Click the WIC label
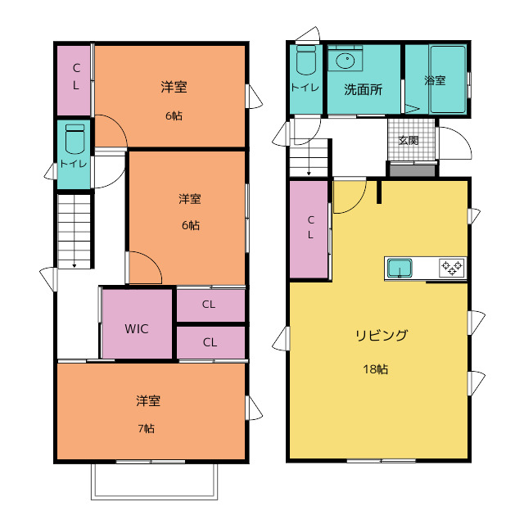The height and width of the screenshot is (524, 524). (x=137, y=329)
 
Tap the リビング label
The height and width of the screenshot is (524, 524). (x=382, y=335)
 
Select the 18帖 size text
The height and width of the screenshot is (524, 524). (x=376, y=369)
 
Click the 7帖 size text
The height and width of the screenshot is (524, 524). (x=147, y=428)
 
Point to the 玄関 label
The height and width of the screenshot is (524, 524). (x=409, y=140)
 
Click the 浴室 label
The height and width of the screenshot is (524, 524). (x=435, y=80)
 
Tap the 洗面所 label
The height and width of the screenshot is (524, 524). (x=364, y=89)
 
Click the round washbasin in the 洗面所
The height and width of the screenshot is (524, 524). (x=345, y=61)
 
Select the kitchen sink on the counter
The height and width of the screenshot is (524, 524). (x=400, y=268)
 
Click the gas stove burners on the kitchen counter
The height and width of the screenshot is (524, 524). (x=452, y=268)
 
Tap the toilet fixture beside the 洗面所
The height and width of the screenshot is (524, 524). (x=305, y=60)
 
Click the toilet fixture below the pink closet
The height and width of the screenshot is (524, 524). (x=75, y=138)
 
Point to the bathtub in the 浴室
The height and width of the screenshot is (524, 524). (x=448, y=79)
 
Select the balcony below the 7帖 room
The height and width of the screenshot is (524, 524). (x=155, y=481)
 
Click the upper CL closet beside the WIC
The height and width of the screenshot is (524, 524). (x=211, y=305)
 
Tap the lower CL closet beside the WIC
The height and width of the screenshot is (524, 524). (x=211, y=342)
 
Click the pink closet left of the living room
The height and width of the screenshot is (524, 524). (x=309, y=229)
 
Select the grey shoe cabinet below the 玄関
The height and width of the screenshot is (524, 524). (x=413, y=170)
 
